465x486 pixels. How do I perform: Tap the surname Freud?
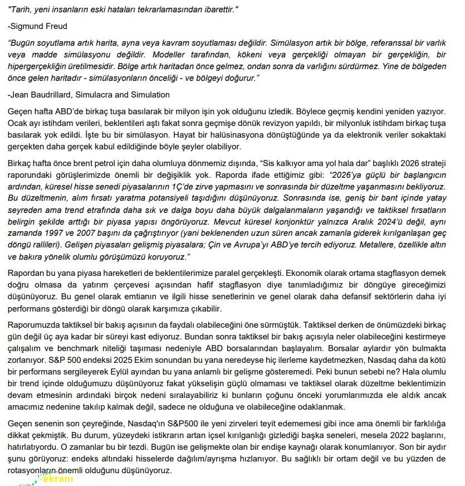pyautogui.click(x=56, y=26)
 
